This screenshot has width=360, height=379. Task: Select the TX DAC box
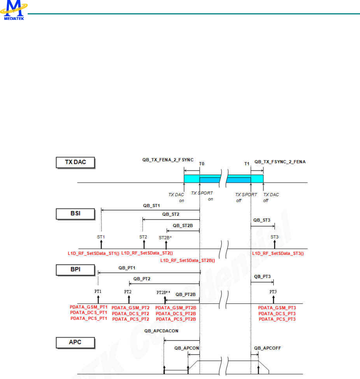tap(76, 163)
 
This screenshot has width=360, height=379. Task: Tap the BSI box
tap(76, 214)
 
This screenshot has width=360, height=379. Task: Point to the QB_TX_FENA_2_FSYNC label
tap(168, 160)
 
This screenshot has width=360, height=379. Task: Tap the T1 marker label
tap(247, 163)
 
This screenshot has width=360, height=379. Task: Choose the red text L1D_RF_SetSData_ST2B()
tap(188, 260)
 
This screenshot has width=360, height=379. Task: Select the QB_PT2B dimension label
tap(185, 294)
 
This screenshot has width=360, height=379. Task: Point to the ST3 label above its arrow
tap(274, 237)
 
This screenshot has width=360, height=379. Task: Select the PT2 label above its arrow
tap(128, 292)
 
